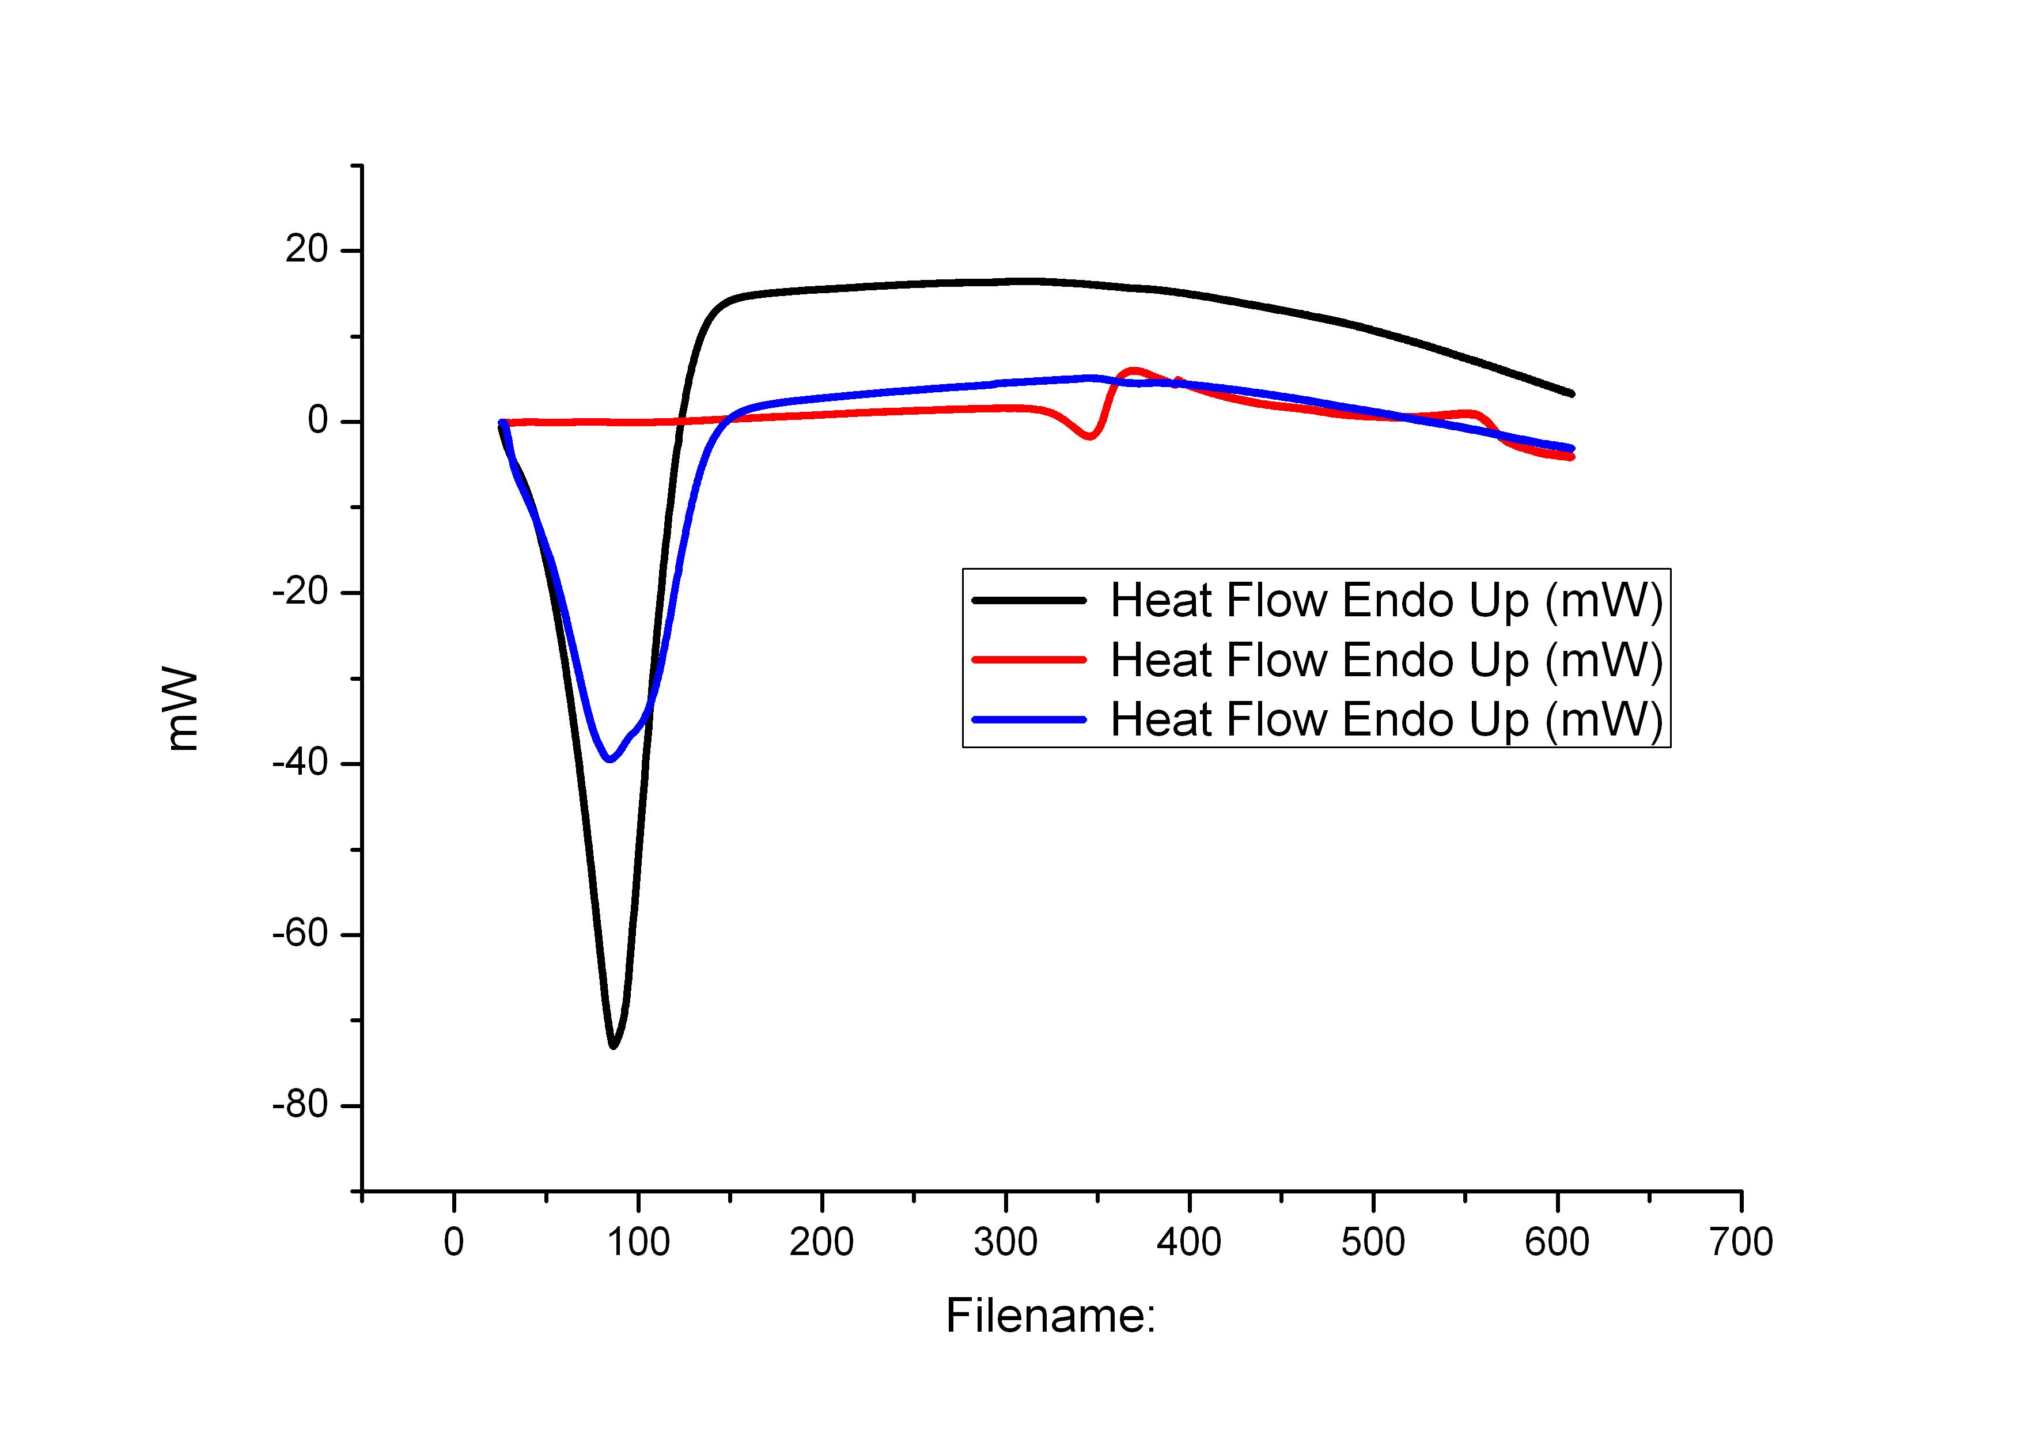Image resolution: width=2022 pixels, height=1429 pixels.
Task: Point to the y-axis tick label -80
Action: (x=300, y=1106)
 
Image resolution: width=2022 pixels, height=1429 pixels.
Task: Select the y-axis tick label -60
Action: (x=300, y=935)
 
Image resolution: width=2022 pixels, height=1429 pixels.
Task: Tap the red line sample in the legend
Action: (x=1029, y=659)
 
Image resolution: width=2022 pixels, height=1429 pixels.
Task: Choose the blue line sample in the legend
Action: (x=1029, y=719)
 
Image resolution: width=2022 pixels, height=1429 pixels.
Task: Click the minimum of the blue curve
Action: (x=608, y=759)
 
